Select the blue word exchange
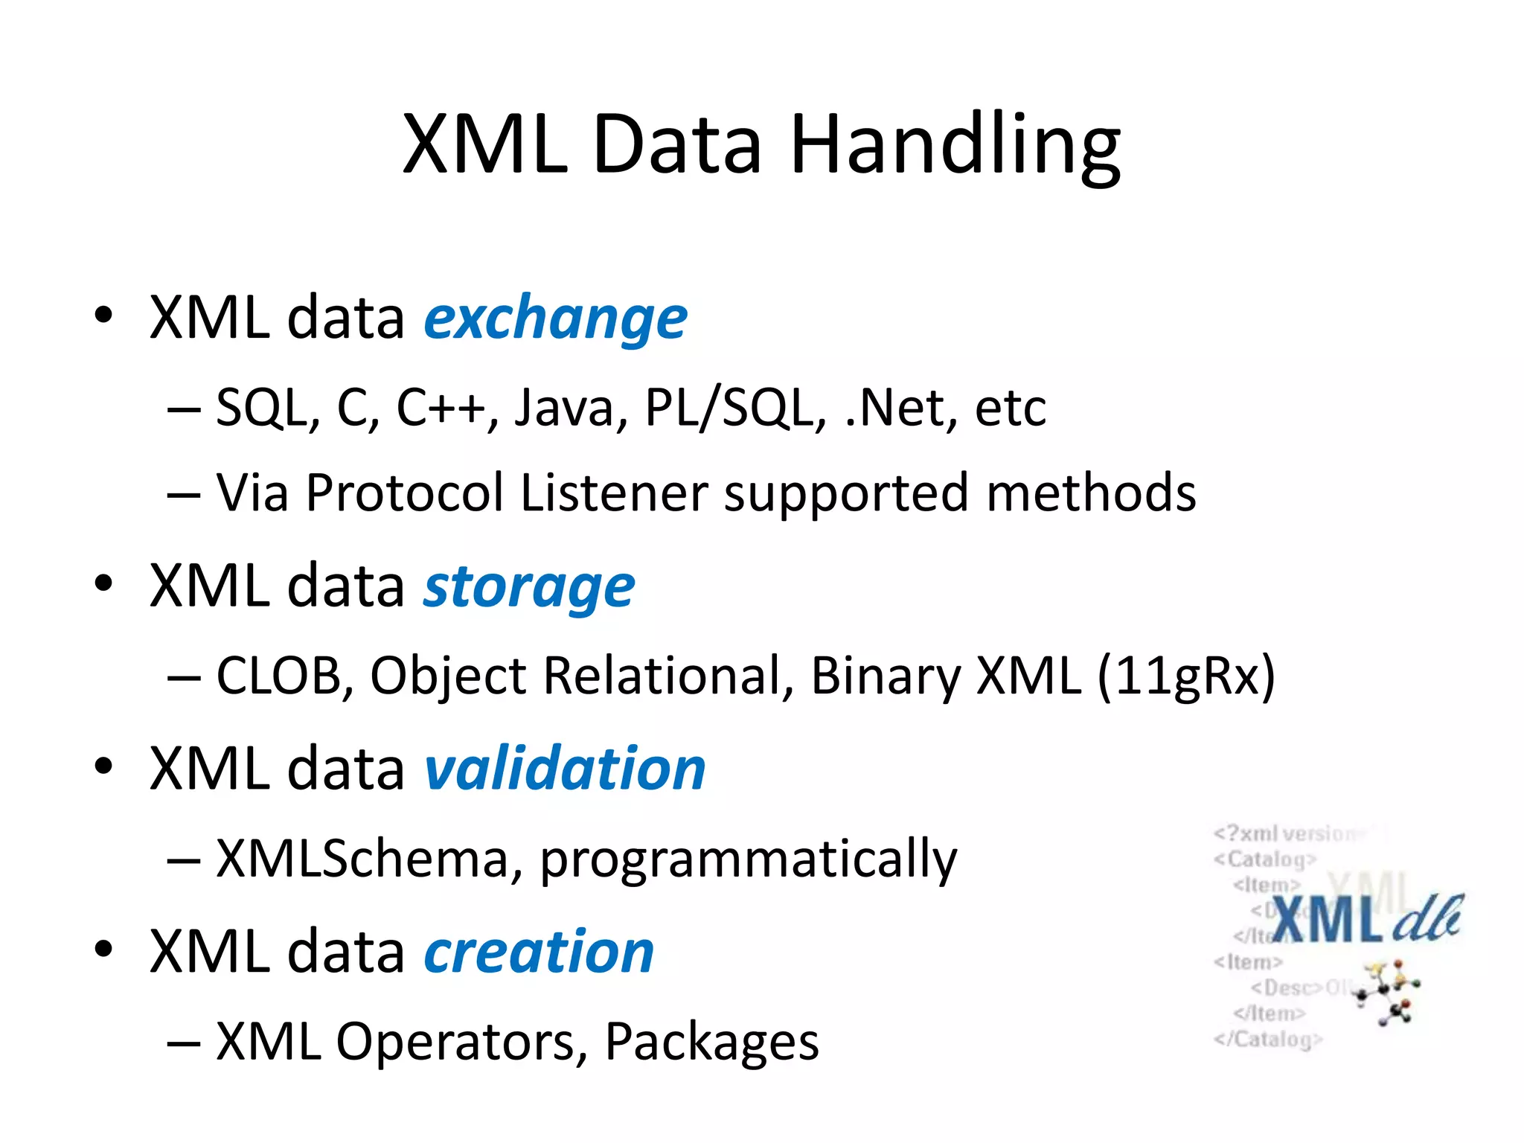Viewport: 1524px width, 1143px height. click(555, 318)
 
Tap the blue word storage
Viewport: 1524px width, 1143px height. click(529, 587)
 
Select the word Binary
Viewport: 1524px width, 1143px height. click(886, 676)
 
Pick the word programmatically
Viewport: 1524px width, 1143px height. click(748, 859)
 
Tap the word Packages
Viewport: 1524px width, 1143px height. click(711, 1041)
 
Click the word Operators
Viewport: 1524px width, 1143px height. click(455, 1041)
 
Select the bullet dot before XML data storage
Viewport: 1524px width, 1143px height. click(103, 584)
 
